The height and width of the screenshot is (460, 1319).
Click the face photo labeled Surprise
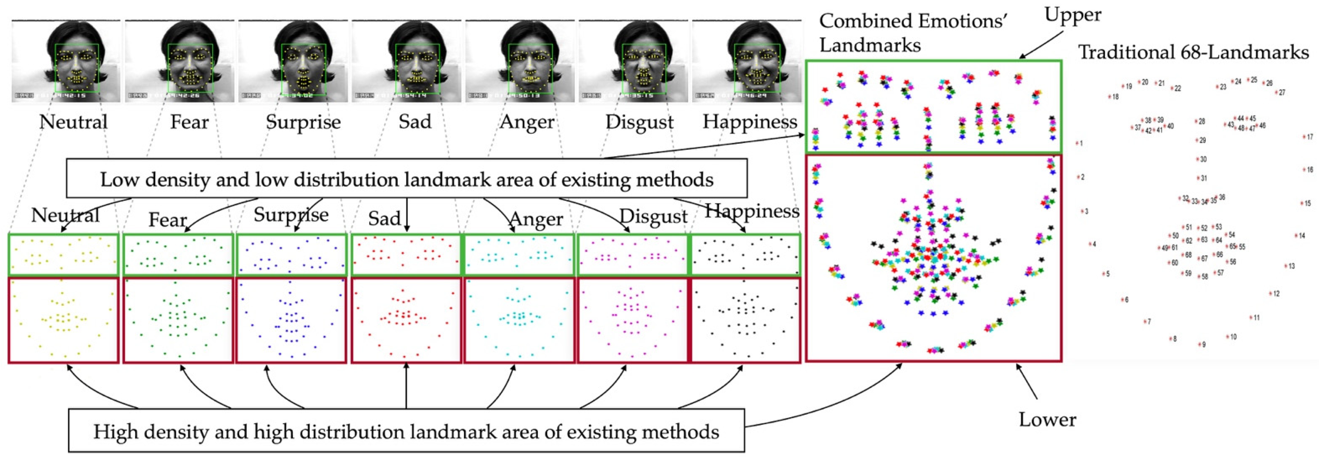point(293,62)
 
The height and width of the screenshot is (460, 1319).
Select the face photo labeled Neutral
point(66,62)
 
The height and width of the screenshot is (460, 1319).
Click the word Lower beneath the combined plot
point(1047,420)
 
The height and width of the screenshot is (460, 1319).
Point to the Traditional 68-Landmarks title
point(1193,52)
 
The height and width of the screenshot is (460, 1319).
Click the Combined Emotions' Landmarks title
point(913,33)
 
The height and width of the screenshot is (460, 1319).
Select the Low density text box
point(406,179)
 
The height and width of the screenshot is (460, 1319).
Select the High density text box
point(406,431)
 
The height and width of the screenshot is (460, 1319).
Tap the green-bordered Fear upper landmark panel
point(178,255)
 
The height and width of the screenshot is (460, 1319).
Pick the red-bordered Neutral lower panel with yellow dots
point(63,321)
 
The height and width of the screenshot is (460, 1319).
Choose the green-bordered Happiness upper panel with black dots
point(745,255)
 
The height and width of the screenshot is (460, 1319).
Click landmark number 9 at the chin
point(1199,344)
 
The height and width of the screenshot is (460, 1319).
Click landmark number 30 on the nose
point(1198,159)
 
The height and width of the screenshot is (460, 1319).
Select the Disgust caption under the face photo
point(639,122)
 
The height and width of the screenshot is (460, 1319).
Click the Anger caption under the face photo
point(527,122)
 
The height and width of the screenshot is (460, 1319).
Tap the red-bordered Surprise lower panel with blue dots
point(291,321)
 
